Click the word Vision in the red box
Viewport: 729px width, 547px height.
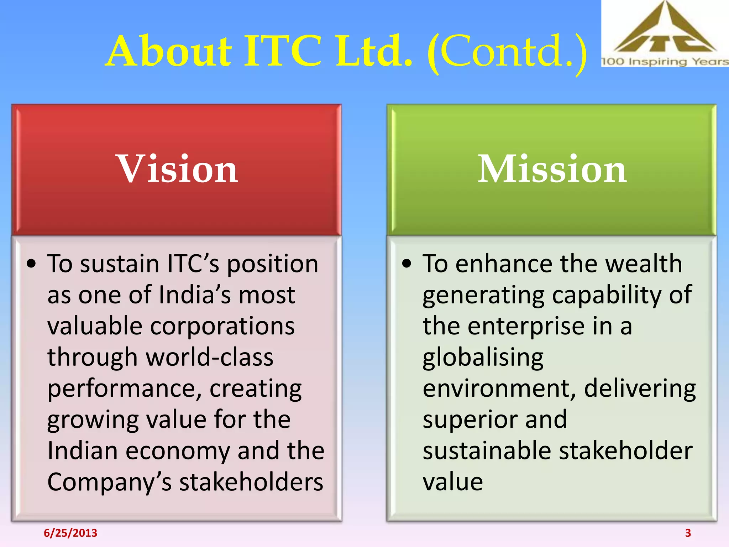[177, 169]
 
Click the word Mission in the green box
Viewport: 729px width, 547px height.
[552, 169]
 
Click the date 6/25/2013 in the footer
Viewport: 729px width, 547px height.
[70, 533]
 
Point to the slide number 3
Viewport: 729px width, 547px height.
[688, 533]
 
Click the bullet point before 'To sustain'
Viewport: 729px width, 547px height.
[31, 264]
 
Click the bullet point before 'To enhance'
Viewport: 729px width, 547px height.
[407, 264]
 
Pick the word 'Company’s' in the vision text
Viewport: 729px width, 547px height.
[110, 483]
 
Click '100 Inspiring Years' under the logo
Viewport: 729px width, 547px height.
[664, 62]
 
